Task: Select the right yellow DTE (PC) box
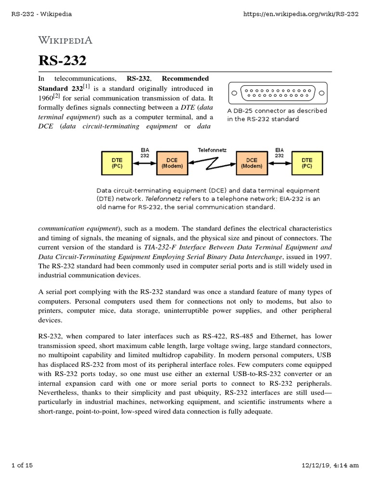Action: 306,163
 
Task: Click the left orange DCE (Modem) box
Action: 172,163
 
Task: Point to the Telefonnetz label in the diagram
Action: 211,150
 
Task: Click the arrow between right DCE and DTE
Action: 278,163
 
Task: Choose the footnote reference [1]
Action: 86,87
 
